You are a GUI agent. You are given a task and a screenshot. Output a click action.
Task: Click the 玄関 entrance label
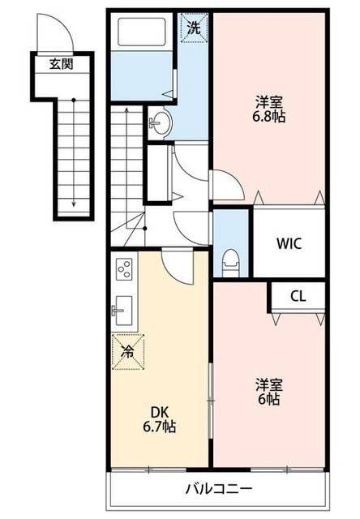(61, 63)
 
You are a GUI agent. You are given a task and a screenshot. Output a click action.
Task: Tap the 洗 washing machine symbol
(194, 26)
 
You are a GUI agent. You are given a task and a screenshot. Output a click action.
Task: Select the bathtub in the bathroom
(143, 32)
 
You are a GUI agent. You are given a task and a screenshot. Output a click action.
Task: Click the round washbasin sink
(159, 123)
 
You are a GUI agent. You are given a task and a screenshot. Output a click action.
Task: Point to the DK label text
(158, 411)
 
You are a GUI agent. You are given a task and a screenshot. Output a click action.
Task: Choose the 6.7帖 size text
(158, 427)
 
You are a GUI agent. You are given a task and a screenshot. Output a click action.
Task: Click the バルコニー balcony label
(219, 489)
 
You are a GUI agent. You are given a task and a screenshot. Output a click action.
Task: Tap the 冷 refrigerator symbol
(128, 352)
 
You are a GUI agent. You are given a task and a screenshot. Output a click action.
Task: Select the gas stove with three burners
(126, 268)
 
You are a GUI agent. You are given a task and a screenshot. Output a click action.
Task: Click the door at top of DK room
(176, 264)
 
